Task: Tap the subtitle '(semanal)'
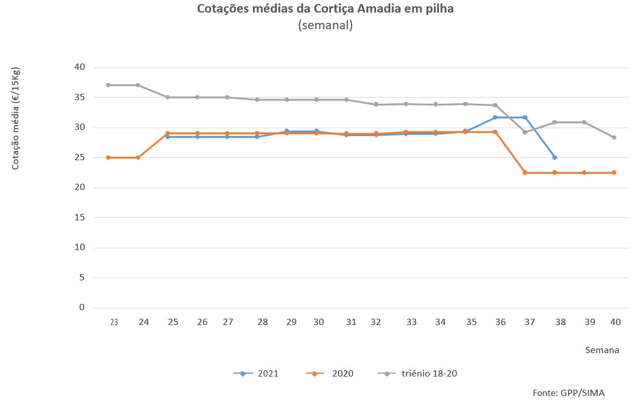325,25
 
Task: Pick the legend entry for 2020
330,374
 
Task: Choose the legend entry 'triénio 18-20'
418,374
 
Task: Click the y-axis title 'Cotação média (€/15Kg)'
16,118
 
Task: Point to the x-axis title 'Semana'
602,350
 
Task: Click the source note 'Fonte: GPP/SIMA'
568,393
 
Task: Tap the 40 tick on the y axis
79,67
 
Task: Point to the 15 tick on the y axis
79,217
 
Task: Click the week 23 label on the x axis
114,322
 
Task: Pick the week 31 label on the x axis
351,322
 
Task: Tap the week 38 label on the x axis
560,322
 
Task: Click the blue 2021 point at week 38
555,157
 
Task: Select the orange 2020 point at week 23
108,157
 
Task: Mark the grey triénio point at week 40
614,137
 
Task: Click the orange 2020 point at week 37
525,172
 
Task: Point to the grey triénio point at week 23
108,85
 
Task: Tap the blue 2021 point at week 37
525,117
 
